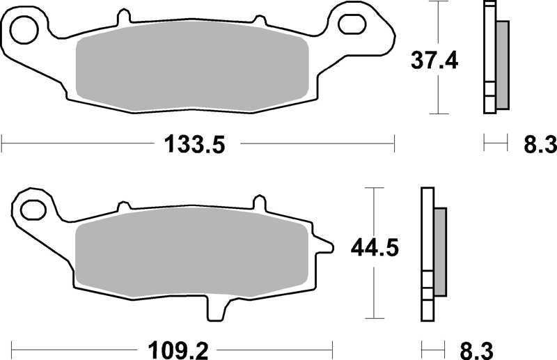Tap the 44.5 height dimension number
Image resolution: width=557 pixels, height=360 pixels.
click(374, 248)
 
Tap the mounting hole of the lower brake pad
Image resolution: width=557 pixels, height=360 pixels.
click(31, 208)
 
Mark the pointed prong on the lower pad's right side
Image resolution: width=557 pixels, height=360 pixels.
click(324, 244)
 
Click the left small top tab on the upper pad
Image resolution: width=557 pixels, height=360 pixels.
click(124, 15)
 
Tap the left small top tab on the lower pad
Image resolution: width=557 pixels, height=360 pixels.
click(123, 205)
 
